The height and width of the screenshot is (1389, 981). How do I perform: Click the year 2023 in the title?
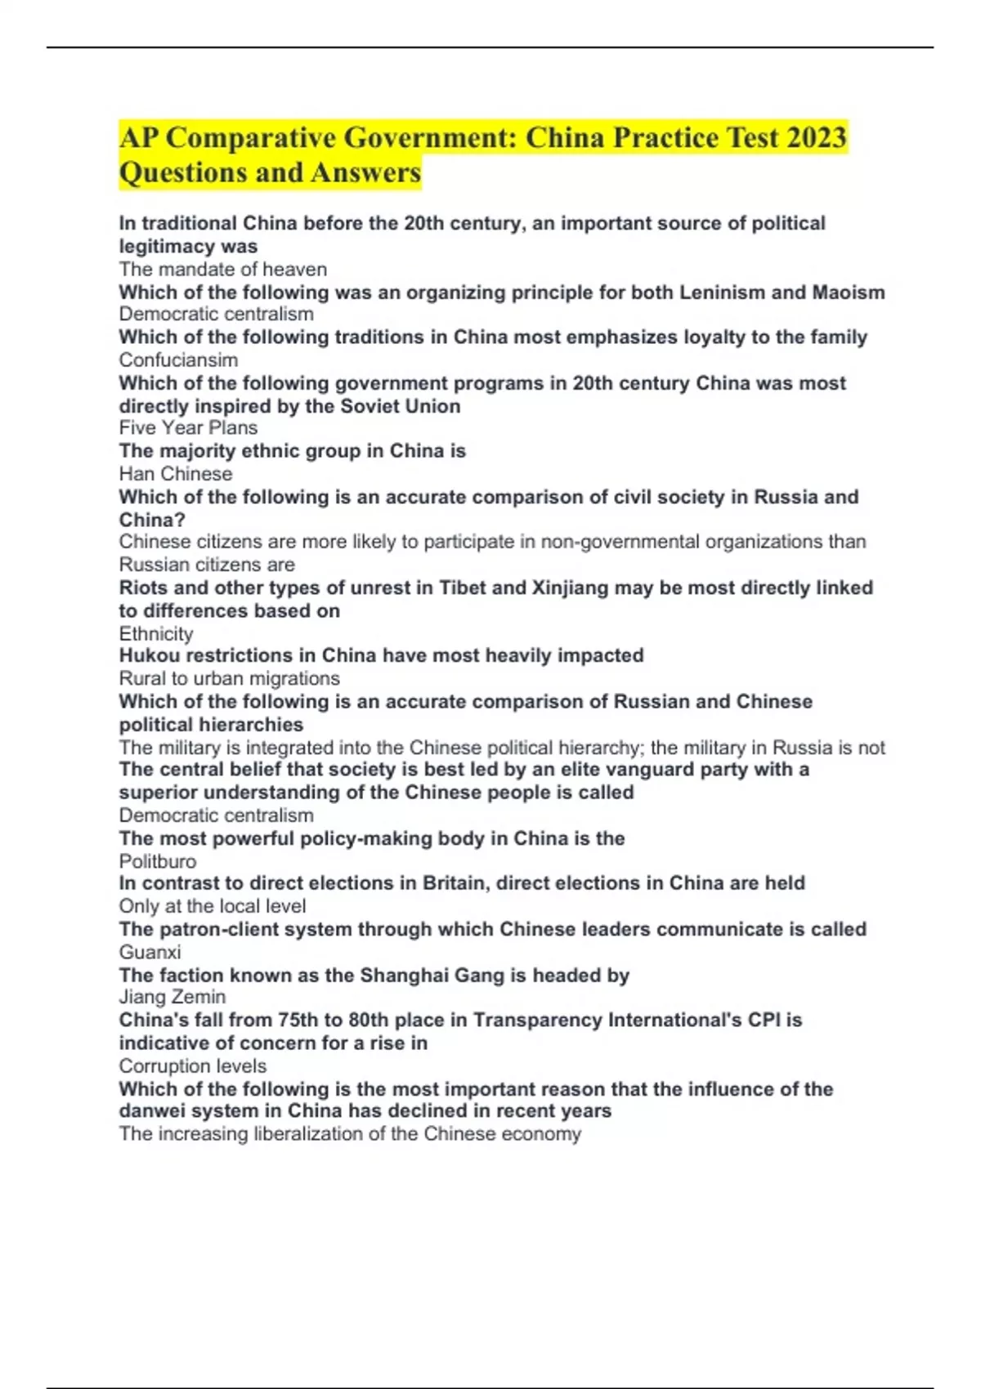[816, 137]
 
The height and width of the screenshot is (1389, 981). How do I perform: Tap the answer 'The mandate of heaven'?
[222, 270]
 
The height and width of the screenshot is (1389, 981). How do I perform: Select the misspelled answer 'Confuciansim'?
[178, 360]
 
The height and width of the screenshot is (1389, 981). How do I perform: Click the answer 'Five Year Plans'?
[188, 428]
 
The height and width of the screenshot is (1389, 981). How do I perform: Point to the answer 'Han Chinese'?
[176, 474]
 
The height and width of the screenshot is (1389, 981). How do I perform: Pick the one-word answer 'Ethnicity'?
[156, 634]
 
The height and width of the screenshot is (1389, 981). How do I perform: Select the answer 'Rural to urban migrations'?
[229, 679]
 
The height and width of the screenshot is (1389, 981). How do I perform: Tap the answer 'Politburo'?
[158, 862]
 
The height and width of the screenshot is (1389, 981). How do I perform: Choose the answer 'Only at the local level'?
[213, 906]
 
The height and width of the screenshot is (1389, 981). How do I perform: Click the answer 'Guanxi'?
[150, 953]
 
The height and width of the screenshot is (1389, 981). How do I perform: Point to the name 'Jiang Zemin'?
[172, 998]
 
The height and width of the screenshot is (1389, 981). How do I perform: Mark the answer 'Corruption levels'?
[193, 1066]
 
